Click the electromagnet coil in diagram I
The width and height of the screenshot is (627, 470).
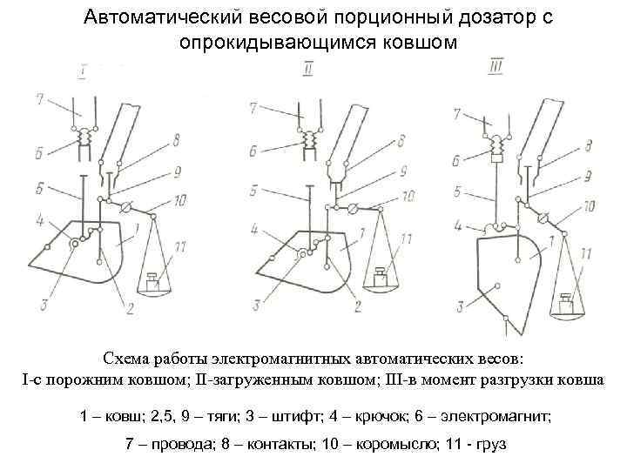point(85,137)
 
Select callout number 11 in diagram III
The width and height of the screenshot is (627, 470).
point(585,254)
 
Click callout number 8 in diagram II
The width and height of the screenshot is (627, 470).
point(401,138)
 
